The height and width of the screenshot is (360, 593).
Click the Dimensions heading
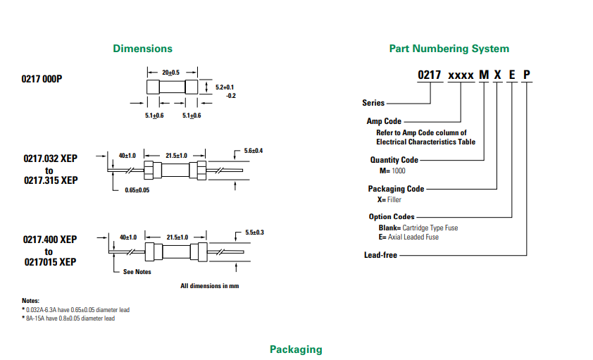tap(142, 49)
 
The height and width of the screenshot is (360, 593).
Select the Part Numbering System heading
tap(449, 49)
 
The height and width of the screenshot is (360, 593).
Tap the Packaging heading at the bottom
tap(296, 349)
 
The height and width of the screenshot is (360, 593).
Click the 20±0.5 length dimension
tap(171, 73)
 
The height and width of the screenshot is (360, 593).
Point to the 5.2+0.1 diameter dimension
tap(225, 87)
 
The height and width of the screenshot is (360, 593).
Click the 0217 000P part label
tap(42, 79)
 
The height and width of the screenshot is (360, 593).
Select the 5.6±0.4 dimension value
tap(254, 151)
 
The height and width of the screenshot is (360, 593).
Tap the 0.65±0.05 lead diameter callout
tap(137, 190)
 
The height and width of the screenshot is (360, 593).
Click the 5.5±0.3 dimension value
tap(254, 232)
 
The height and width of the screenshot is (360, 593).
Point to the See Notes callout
tap(137, 271)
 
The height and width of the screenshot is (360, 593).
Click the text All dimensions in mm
tap(209, 286)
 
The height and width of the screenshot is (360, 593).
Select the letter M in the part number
tap(484, 75)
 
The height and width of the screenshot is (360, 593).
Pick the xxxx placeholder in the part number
tap(461, 76)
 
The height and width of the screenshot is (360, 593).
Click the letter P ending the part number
tap(526, 75)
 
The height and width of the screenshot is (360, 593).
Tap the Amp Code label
tap(384, 121)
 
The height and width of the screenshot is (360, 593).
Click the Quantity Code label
tap(394, 160)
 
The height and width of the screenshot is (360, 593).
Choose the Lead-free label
tap(380, 255)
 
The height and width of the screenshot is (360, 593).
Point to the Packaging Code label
tap(396, 189)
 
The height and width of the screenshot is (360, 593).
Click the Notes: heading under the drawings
tap(30, 301)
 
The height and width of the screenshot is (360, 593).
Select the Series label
tap(373, 103)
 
